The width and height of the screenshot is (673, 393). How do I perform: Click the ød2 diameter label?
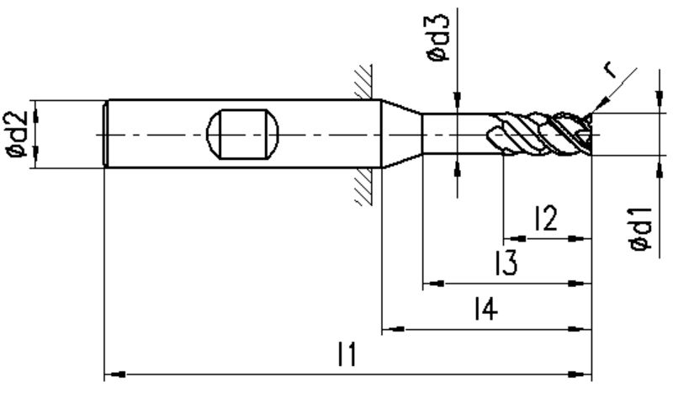pyautogui.click(x=15, y=134)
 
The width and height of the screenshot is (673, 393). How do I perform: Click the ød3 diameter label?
pyautogui.click(x=437, y=38)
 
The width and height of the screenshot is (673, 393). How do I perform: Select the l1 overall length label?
pyautogui.click(x=347, y=354)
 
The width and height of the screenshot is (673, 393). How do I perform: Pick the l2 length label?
pyautogui.click(x=546, y=218)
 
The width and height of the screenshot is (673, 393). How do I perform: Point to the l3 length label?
pyautogui.click(x=506, y=263)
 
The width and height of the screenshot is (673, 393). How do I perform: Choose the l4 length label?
pyautogui.click(x=486, y=308)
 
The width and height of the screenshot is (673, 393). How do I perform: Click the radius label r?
pyautogui.click(x=610, y=71)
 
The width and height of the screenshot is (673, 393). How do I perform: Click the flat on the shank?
pyautogui.click(x=242, y=134)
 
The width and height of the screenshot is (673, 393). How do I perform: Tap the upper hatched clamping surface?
pyautogui.click(x=363, y=82)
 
